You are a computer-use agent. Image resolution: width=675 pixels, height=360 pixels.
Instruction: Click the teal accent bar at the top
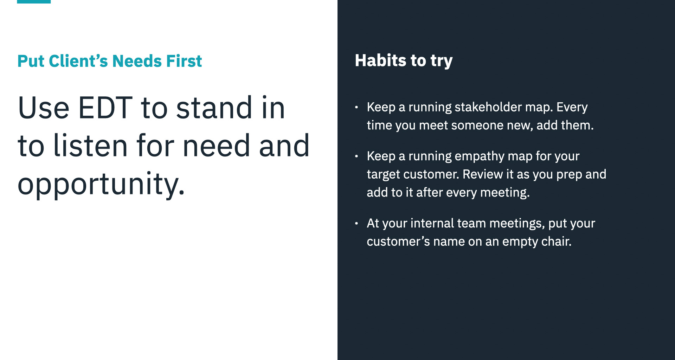tap(34, 2)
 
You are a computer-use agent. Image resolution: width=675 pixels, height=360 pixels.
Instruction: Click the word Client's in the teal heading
tap(78, 61)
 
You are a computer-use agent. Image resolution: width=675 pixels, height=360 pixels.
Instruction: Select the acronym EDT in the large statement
tap(105, 108)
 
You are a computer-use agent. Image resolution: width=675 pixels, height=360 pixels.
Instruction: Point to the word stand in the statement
tap(214, 108)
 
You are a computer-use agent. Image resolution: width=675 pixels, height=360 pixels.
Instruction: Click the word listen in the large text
tap(90, 145)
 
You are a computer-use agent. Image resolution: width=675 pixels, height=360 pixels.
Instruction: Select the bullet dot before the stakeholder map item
tap(356, 107)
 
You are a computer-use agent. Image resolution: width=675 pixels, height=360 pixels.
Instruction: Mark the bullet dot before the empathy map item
tap(356, 156)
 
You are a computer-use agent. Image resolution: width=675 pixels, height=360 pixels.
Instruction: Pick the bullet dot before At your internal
tap(356, 223)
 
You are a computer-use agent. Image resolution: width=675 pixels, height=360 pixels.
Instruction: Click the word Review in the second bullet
tap(483, 174)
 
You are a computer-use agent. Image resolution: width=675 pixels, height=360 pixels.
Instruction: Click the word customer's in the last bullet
tap(398, 242)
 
